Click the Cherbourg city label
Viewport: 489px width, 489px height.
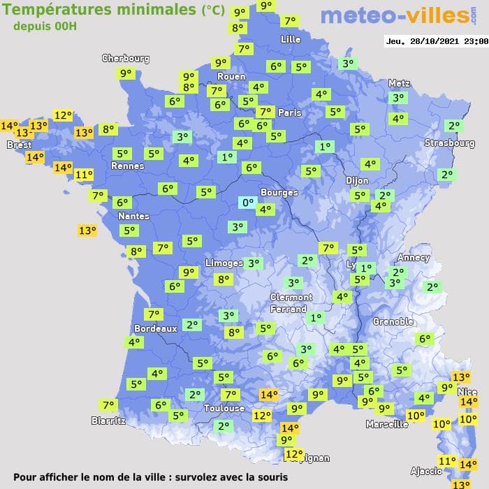pyautogui.click(x=126, y=59)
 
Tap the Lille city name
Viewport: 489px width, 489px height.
pyautogui.click(x=291, y=39)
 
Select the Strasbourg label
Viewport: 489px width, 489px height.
pyautogui.click(x=449, y=143)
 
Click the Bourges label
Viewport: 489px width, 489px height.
pyautogui.click(x=279, y=192)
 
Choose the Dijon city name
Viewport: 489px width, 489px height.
pyautogui.click(x=357, y=180)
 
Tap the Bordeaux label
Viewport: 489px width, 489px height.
pyautogui.click(x=155, y=328)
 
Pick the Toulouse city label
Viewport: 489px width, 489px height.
pyautogui.click(x=224, y=408)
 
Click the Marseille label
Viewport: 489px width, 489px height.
pyautogui.click(x=387, y=424)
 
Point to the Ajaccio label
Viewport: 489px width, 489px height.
pyautogui.click(x=426, y=472)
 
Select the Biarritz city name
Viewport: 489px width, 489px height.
pyautogui.click(x=108, y=421)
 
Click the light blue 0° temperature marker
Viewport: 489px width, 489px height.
pyautogui.click(x=247, y=203)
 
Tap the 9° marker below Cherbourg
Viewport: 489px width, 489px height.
pyautogui.click(x=126, y=73)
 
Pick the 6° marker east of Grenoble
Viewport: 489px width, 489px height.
pyautogui.click(x=423, y=339)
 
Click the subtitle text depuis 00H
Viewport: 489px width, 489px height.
pyautogui.click(x=45, y=26)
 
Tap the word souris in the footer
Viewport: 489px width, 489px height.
pyautogui.click(x=271, y=477)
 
